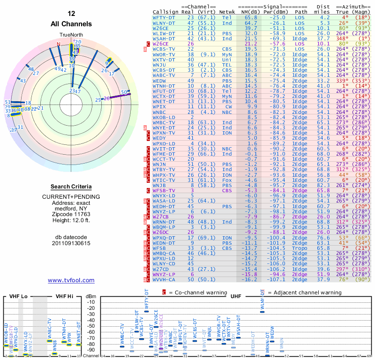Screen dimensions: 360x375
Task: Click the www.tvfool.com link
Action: [x=71, y=280]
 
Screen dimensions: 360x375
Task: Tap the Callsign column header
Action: [x=166, y=12]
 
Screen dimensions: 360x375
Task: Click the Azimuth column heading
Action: [x=355, y=7]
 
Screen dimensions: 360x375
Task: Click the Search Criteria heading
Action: [x=71, y=187]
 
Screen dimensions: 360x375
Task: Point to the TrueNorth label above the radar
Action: [x=71, y=36]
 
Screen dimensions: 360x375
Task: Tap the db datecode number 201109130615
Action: [x=71, y=243]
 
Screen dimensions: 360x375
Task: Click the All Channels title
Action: [x=71, y=23]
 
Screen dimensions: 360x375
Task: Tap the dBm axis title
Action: [x=90, y=296]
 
